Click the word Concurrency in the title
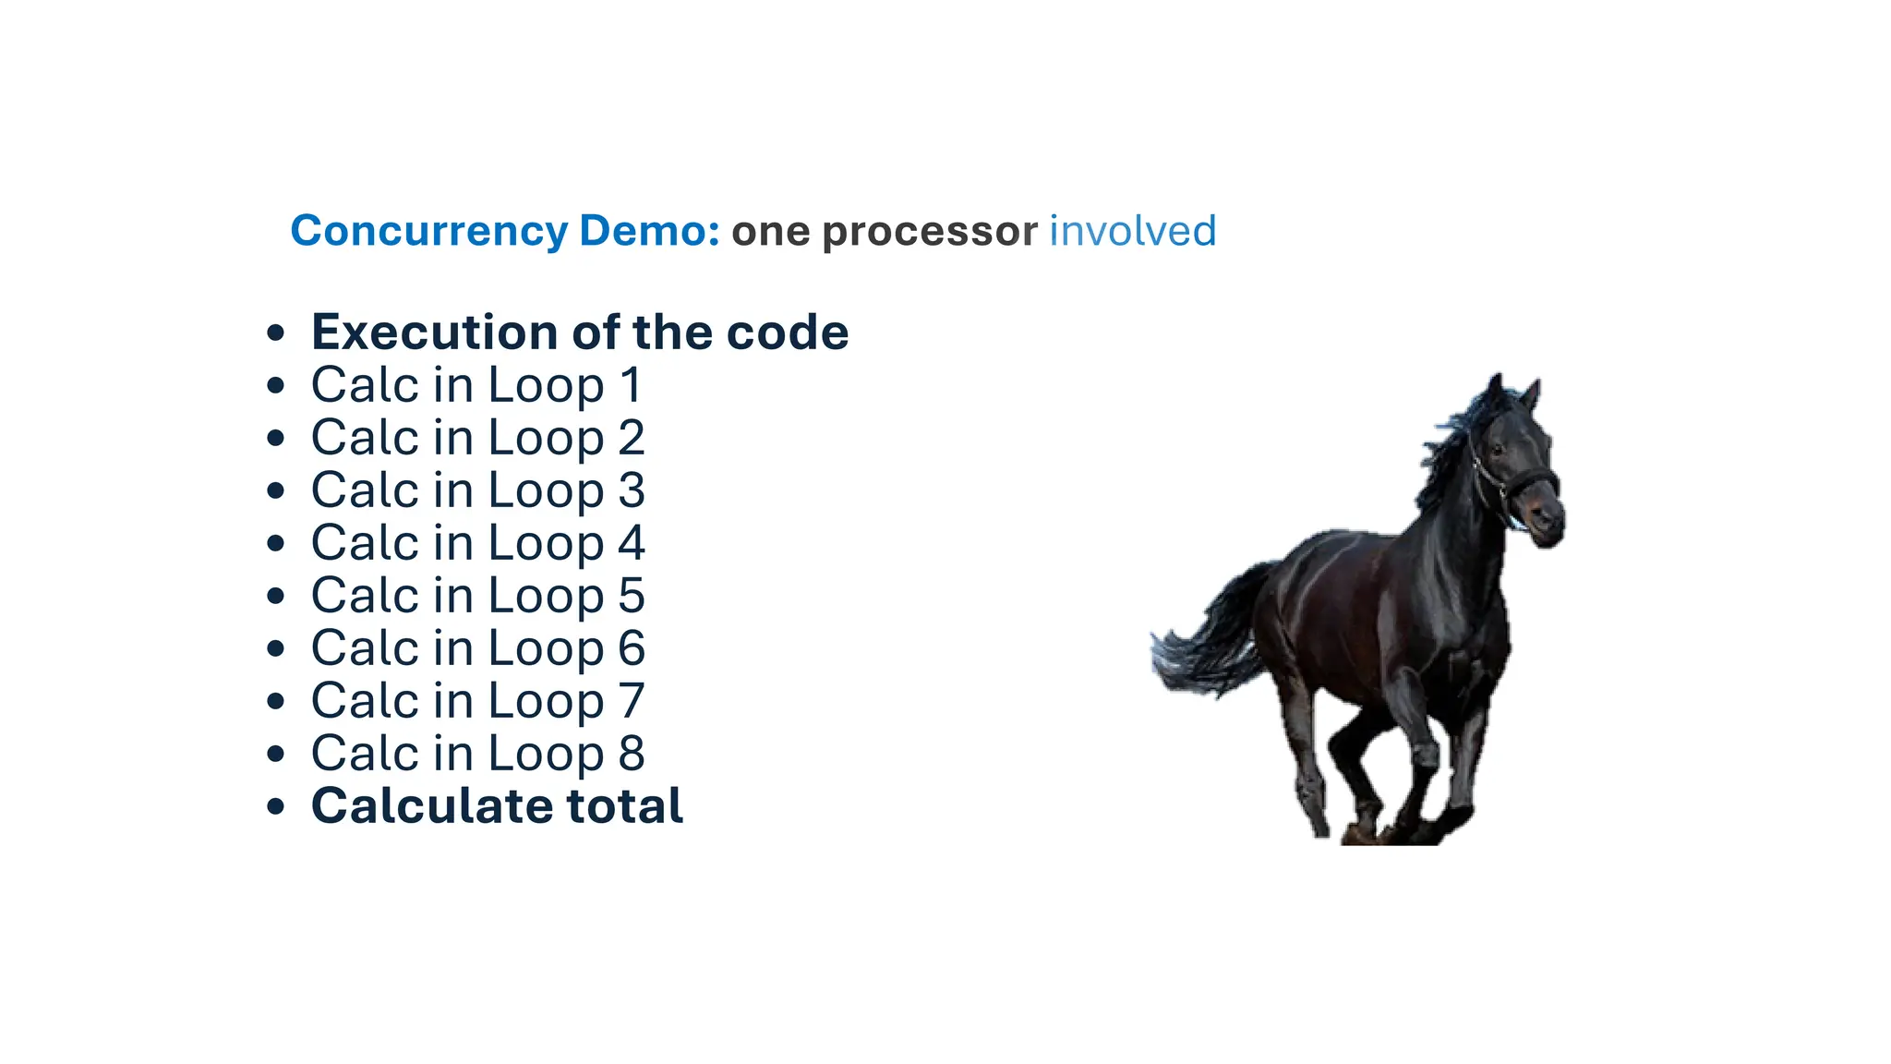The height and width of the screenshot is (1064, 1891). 428,231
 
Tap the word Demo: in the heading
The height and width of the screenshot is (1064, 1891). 649,231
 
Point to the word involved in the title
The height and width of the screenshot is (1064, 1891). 1133,231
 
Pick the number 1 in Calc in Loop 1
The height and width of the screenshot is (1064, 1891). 632,385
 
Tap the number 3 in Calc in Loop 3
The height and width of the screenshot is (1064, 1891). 632,490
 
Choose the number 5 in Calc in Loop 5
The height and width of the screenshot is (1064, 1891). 632,596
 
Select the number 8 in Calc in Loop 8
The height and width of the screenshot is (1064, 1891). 632,754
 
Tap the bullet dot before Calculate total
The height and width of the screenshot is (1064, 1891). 275,807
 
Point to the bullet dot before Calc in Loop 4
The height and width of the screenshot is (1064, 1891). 275,544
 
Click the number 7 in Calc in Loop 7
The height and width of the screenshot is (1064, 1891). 632,701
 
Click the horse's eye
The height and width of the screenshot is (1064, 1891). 1497,450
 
